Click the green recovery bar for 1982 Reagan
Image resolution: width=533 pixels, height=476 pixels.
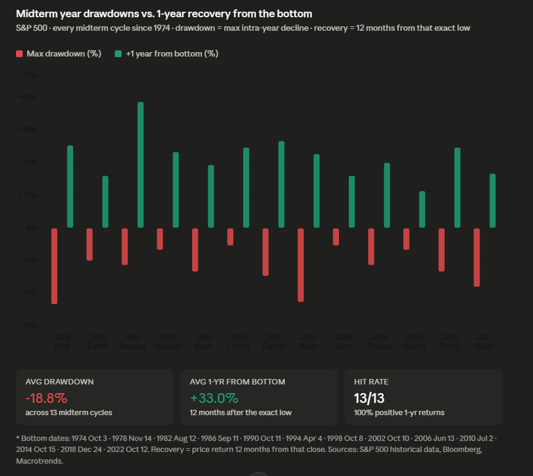point(141,165)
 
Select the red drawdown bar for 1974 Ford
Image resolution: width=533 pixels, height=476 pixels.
point(54,266)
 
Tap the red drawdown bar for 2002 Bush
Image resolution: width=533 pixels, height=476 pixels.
point(301,265)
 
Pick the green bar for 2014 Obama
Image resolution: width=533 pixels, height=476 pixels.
point(422,209)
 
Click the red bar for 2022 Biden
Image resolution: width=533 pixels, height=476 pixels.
point(477,257)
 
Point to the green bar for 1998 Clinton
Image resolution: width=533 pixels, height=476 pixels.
point(281,184)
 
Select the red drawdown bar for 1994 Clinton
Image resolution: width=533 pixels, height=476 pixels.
point(230,237)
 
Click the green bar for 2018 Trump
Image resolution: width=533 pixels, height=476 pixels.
point(457,187)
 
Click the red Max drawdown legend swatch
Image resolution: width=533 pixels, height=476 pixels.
point(20,54)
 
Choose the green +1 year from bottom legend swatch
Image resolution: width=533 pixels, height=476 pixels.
point(119,54)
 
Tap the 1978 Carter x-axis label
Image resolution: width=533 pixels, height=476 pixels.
point(98,341)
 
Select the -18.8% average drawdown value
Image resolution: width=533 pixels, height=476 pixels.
point(46,397)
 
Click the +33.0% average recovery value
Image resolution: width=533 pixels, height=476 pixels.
point(214,397)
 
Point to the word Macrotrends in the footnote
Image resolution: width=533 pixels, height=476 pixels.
point(39,460)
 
